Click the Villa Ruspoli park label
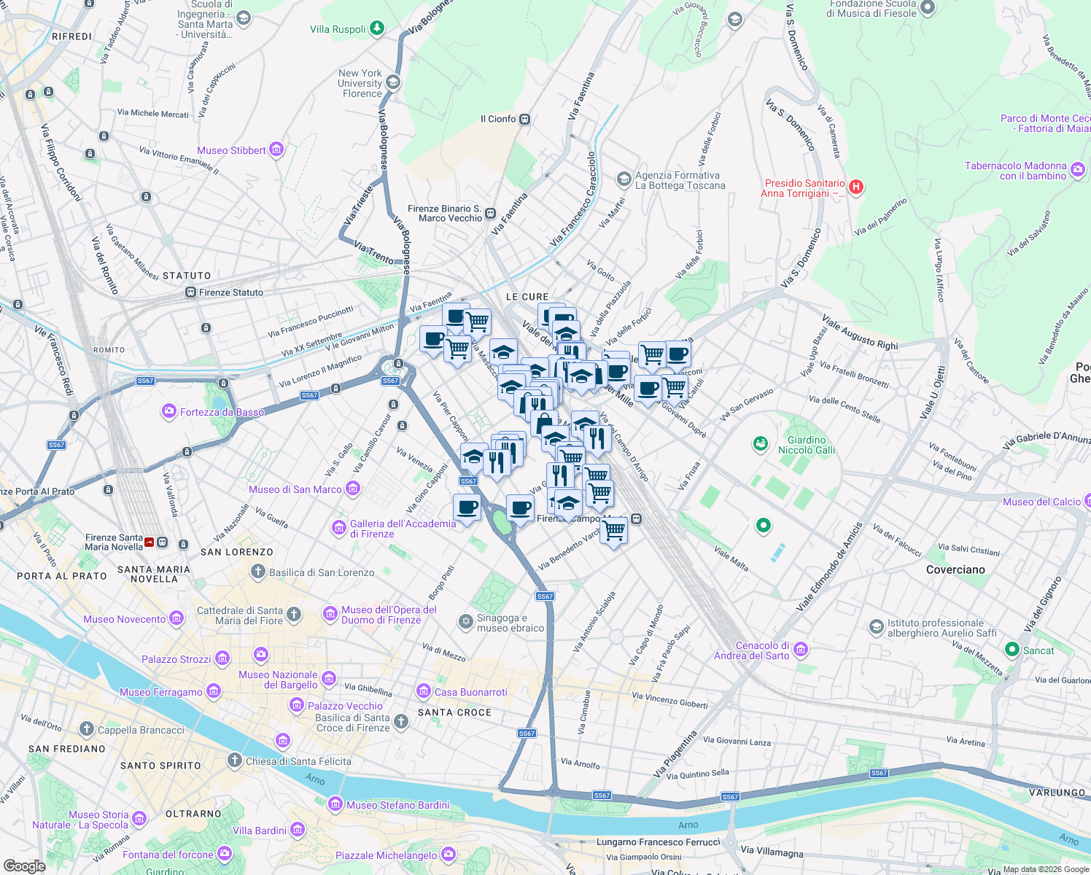coord(338,29)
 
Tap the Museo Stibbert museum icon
coord(276,150)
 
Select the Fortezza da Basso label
coord(222,412)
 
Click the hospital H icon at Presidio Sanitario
coord(856,187)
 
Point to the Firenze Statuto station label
coord(231,292)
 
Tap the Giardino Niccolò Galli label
coord(807,445)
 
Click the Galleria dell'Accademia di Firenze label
coord(403,529)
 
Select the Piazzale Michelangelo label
coord(386,855)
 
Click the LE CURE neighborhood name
coord(527,297)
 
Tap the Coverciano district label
coord(955,569)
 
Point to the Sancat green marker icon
coord(1012,649)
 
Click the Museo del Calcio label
coord(1041,502)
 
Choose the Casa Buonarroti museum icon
coord(423,691)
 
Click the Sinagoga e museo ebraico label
coord(510,623)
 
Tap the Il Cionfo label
coord(498,119)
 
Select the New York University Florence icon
coord(393,82)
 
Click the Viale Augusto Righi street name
coord(860,332)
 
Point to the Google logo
coord(24,866)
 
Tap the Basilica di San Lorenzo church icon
coord(258,572)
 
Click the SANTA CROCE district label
coord(454,712)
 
